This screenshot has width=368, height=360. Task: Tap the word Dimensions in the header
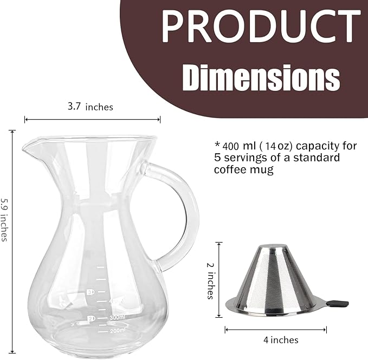coord(262,77)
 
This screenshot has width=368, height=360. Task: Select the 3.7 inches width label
coord(90,107)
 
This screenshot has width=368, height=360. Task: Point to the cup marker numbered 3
coord(90,293)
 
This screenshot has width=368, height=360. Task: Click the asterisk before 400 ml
coord(217,146)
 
